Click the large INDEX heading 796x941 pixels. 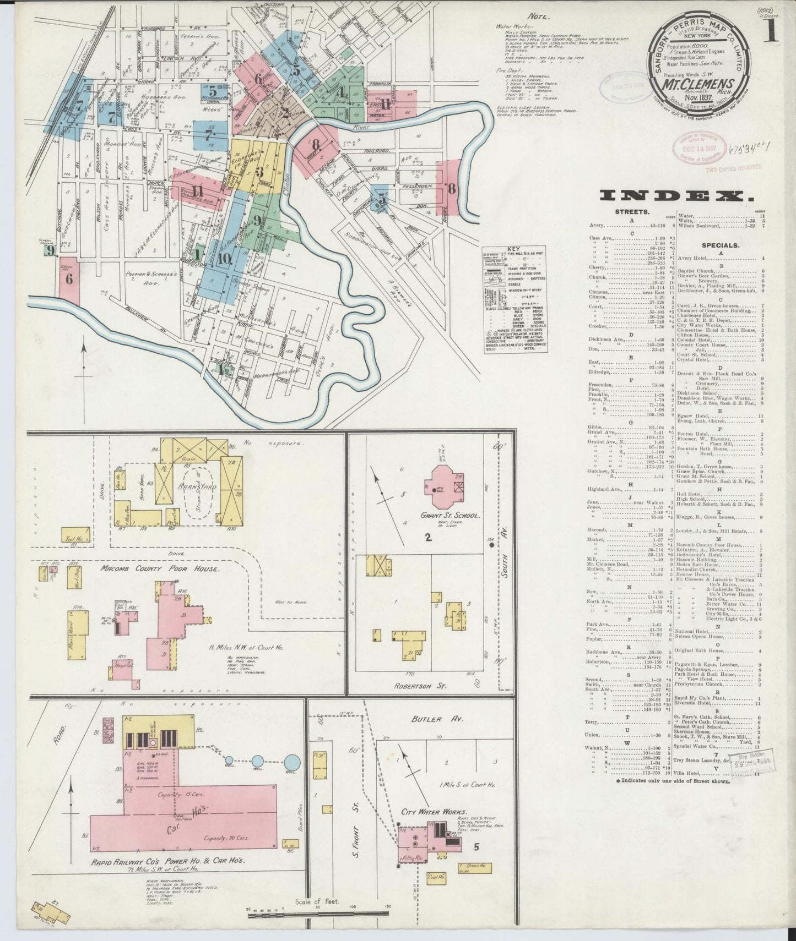point(676,195)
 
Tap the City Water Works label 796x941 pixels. point(434,812)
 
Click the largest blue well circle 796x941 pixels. point(293,762)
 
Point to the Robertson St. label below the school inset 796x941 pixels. point(419,686)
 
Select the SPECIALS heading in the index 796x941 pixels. point(721,245)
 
